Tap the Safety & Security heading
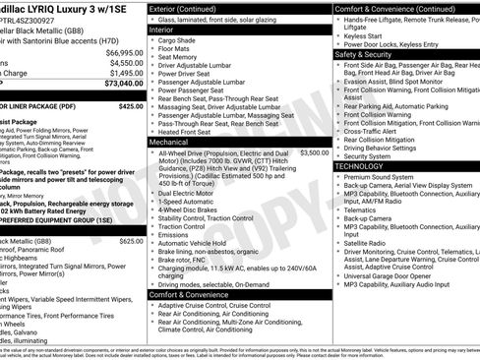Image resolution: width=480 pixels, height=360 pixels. [x=370, y=55]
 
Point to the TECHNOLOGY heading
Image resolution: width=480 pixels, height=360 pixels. [x=366, y=166]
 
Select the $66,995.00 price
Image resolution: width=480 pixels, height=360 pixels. [x=124, y=51]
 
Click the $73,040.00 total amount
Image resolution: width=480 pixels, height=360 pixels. [x=124, y=84]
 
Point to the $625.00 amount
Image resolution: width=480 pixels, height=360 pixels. [x=130, y=240]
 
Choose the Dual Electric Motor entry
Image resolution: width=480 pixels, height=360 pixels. [x=191, y=194]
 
